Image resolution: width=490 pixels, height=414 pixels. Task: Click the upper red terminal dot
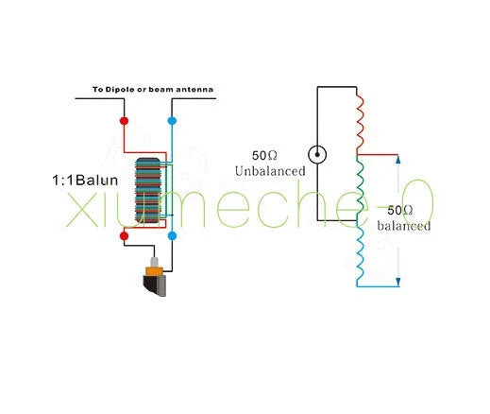125,121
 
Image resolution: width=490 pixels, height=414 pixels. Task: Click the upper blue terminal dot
172,121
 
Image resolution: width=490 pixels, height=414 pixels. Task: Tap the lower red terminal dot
125,235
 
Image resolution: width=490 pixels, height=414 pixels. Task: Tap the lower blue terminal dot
172,235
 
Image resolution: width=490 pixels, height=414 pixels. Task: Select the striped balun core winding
148,191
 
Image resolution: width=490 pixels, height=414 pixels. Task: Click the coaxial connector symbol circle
317,154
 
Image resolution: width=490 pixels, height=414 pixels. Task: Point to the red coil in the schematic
360,124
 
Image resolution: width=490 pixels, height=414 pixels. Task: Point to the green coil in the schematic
360,188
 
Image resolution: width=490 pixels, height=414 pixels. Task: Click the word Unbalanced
270,171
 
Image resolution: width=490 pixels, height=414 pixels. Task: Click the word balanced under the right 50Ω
404,226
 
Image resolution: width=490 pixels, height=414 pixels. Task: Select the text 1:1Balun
85,181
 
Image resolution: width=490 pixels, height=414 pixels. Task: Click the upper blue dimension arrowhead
398,160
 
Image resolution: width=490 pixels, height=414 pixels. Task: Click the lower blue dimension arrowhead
398,282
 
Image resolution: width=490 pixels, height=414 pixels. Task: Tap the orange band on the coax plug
154,271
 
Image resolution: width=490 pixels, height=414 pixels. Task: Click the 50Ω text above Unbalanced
264,156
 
